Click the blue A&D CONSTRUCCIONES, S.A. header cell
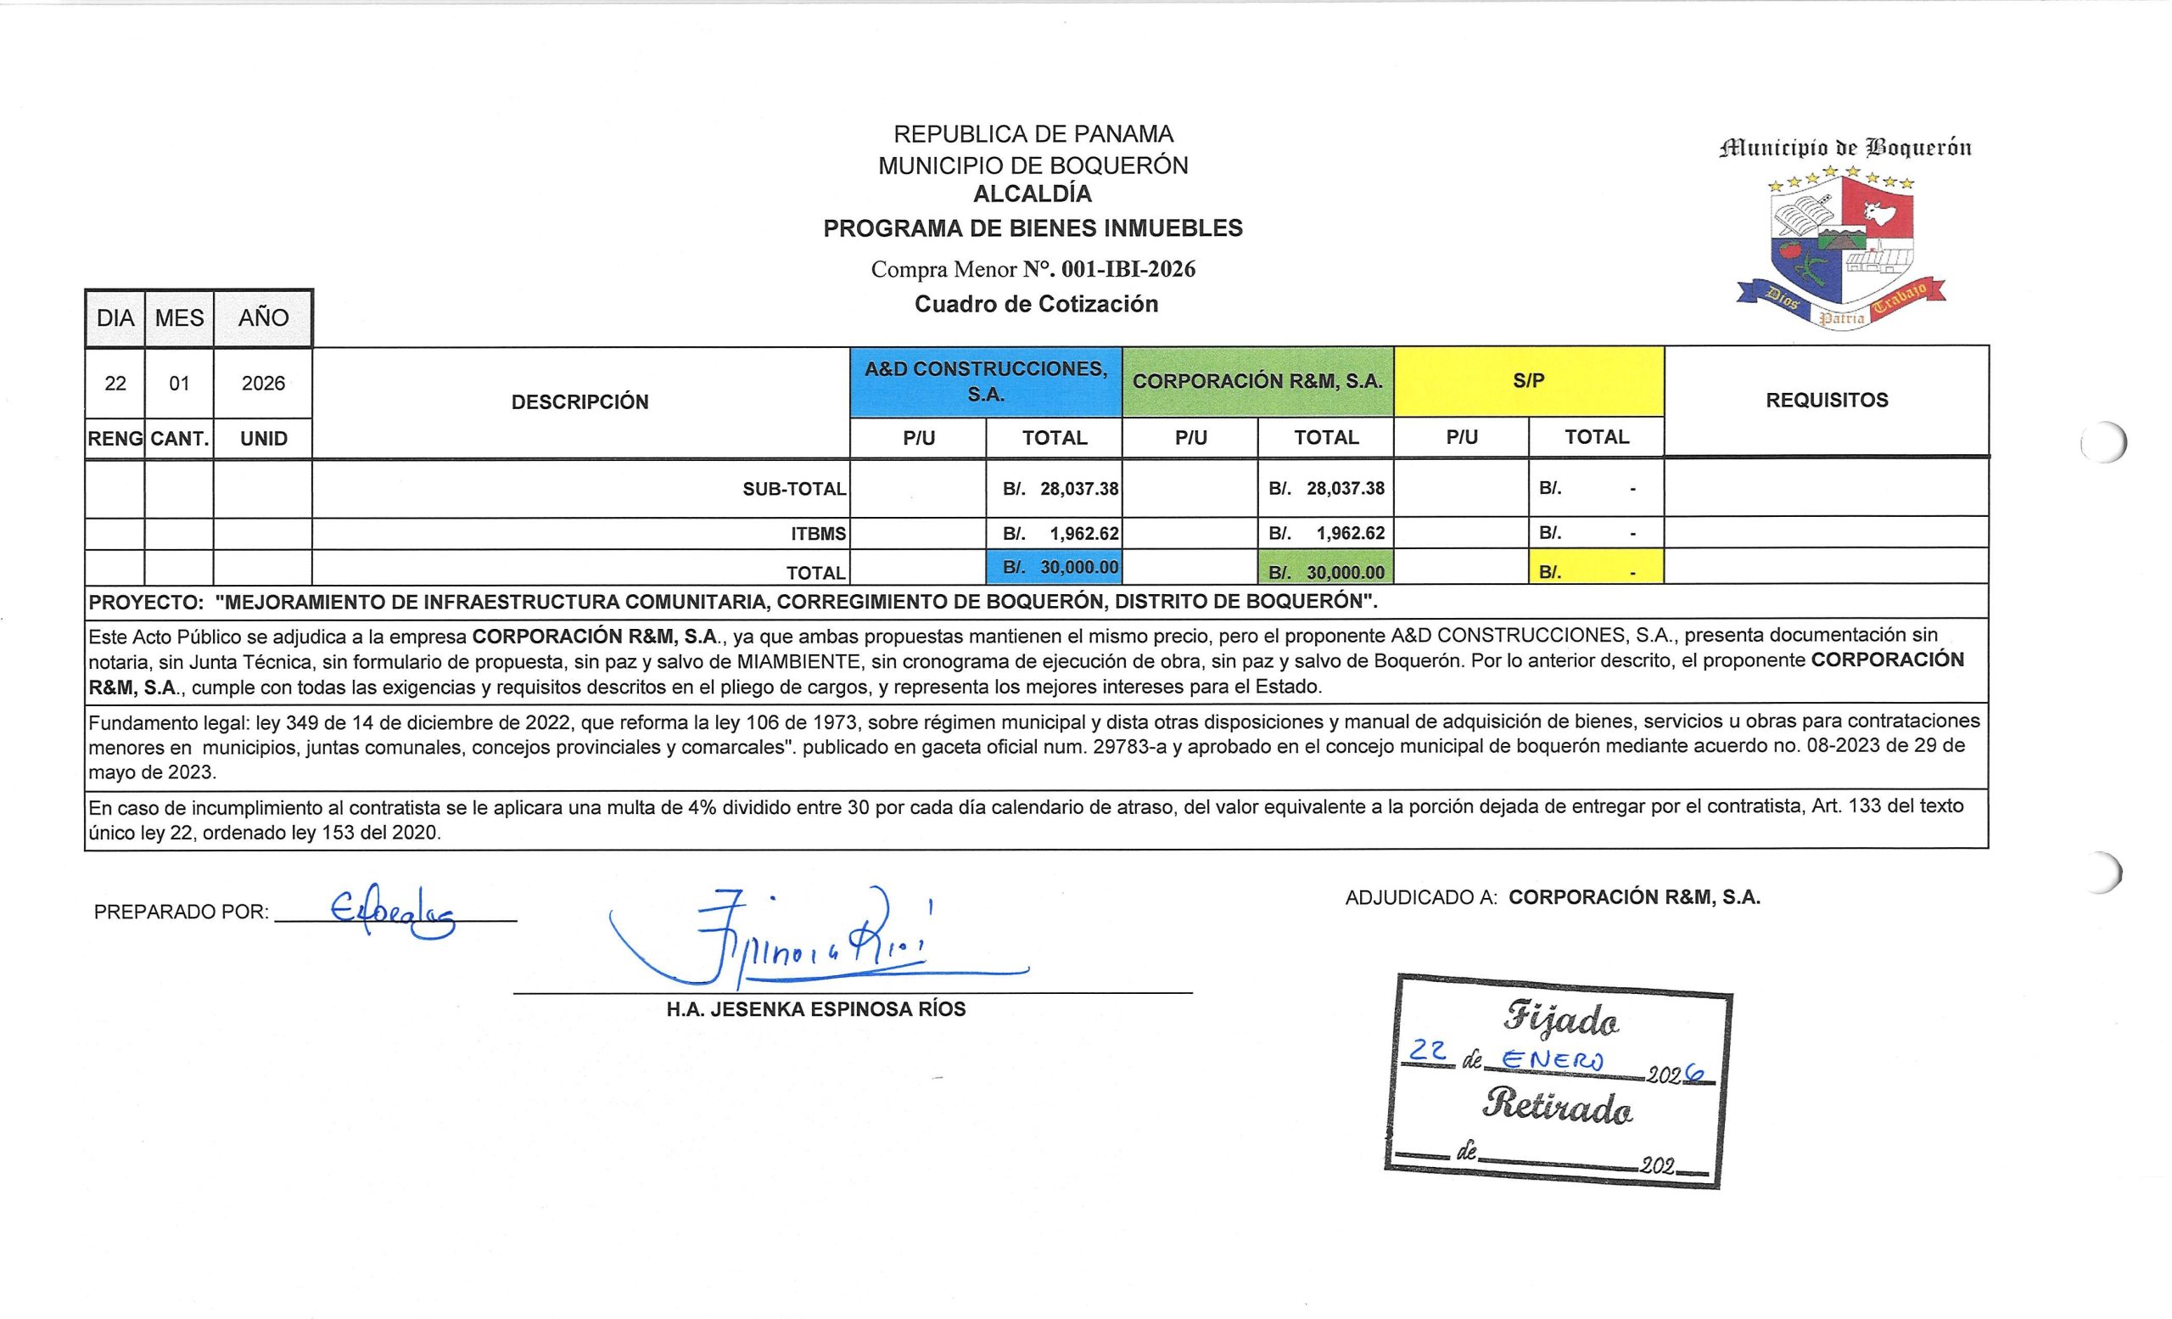pos(986,382)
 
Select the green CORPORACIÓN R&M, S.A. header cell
pos(1257,382)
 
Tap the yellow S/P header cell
pos(1529,381)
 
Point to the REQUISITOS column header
pos(1827,401)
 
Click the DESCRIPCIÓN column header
pos(580,402)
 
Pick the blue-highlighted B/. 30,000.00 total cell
pos(1055,567)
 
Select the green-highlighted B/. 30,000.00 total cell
pos(1326,571)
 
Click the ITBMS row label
pos(818,533)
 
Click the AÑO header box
pos(263,318)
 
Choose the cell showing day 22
pos(115,384)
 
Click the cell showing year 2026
pos(263,384)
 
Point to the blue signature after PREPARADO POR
pos(392,910)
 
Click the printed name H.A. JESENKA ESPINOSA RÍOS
pos(815,1009)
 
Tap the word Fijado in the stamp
pos(1560,1019)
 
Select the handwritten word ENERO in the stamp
pos(1553,1060)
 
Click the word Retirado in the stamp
pos(1558,1106)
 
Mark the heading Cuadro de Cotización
pos(1036,304)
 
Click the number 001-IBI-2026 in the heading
pos(1128,269)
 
